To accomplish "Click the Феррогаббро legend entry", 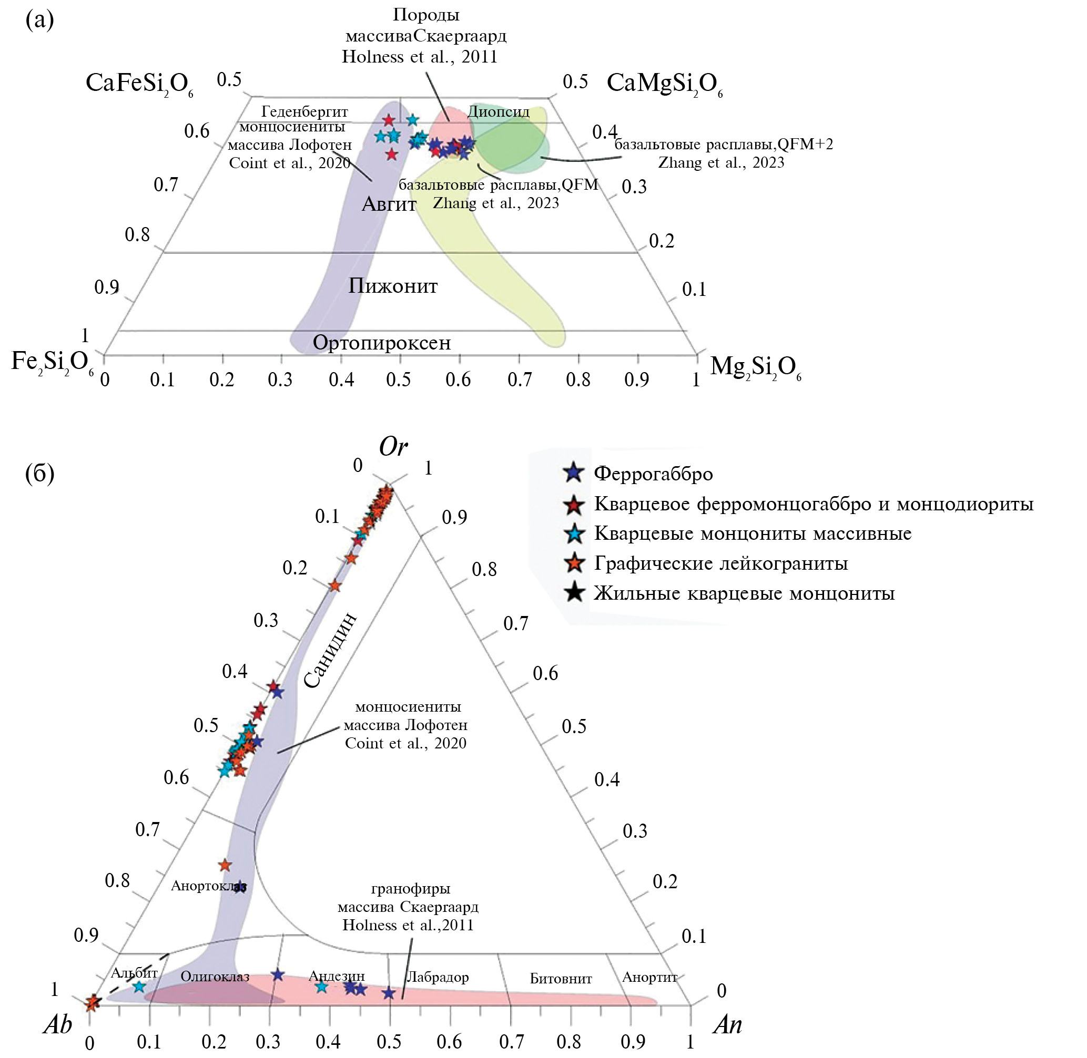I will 653,474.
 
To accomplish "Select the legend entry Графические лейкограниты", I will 720,563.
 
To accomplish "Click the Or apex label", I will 393,447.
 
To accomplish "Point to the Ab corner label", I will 58,1024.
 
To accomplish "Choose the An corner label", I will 727,1024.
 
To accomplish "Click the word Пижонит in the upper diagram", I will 393,285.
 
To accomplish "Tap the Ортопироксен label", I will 381,343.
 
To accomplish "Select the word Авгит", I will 389,204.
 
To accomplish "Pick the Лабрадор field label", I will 438,977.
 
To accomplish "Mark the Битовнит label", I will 561,979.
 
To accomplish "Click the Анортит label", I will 649,977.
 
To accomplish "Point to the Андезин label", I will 337,976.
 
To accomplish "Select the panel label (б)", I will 39,474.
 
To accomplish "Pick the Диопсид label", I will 498,112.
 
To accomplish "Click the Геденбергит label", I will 304,112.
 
